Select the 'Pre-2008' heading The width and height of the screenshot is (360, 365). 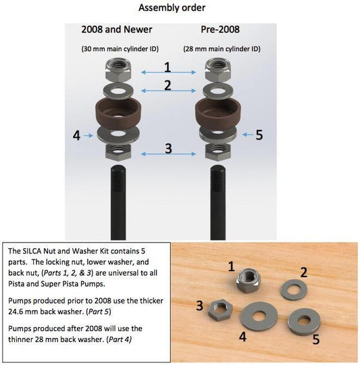[x=220, y=30]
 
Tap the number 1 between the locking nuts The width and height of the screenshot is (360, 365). [x=168, y=68]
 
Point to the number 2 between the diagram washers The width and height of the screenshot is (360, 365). [x=168, y=86]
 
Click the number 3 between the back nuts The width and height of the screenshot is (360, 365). [x=168, y=148]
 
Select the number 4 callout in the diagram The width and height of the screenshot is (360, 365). [x=76, y=135]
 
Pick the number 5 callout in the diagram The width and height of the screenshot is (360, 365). [x=259, y=135]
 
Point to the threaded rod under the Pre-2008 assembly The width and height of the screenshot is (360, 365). [x=217, y=196]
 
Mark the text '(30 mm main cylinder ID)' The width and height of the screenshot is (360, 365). [x=118, y=49]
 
